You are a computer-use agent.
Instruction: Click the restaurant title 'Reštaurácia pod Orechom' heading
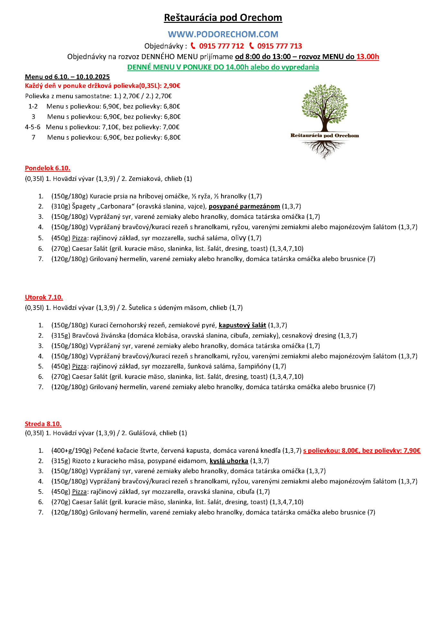click(223, 17)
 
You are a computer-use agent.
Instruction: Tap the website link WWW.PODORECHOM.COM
click(223, 34)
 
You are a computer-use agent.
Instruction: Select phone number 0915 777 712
click(221, 46)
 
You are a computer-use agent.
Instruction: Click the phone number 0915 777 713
click(279, 46)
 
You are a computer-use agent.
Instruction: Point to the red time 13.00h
click(367, 57)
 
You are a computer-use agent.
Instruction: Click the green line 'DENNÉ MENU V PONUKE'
click(223, 67)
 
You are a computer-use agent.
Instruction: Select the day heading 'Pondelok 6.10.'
click(47, 168)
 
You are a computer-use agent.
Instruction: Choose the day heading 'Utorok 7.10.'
click(44, 297)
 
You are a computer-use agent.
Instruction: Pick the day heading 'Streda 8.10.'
click(43, 424)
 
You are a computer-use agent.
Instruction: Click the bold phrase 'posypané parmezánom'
click(244, 206)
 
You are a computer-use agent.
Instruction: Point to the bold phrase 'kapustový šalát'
click(242, 325)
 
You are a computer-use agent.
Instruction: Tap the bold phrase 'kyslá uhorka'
click(228, 461)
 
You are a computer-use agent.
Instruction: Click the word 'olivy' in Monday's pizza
click(238, 238)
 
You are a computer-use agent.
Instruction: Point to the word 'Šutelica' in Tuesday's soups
click(140, 307)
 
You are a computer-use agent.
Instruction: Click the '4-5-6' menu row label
click(33, 127)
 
